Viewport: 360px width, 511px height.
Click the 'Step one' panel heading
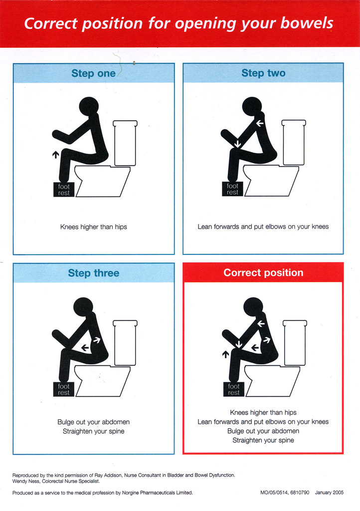(x=93, y=73)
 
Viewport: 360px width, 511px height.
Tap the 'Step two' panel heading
(x=263, y=73)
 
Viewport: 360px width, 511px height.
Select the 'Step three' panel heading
(x=93, y=273)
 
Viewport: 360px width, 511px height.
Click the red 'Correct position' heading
(x=263, y=273)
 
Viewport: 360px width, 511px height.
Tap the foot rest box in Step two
(x=232, y=189)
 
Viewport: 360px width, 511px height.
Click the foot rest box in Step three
(x=64, y=389)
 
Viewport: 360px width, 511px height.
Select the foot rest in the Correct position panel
(x=233, y=389)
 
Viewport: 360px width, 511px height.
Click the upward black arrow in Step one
(x=55, y=155)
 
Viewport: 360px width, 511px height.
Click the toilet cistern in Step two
(x=294, y=142)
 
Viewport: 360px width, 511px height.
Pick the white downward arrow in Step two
(x=238, y=144)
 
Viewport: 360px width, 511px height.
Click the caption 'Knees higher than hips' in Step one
(x=94, y=227)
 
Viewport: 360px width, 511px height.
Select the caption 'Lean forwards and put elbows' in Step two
(x=263, y=227)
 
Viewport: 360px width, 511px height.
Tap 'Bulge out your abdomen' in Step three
(x=94, y=422)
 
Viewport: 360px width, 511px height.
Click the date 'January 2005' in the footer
(x=330, y=493)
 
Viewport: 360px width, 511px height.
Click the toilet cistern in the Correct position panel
(x=294, y=342)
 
